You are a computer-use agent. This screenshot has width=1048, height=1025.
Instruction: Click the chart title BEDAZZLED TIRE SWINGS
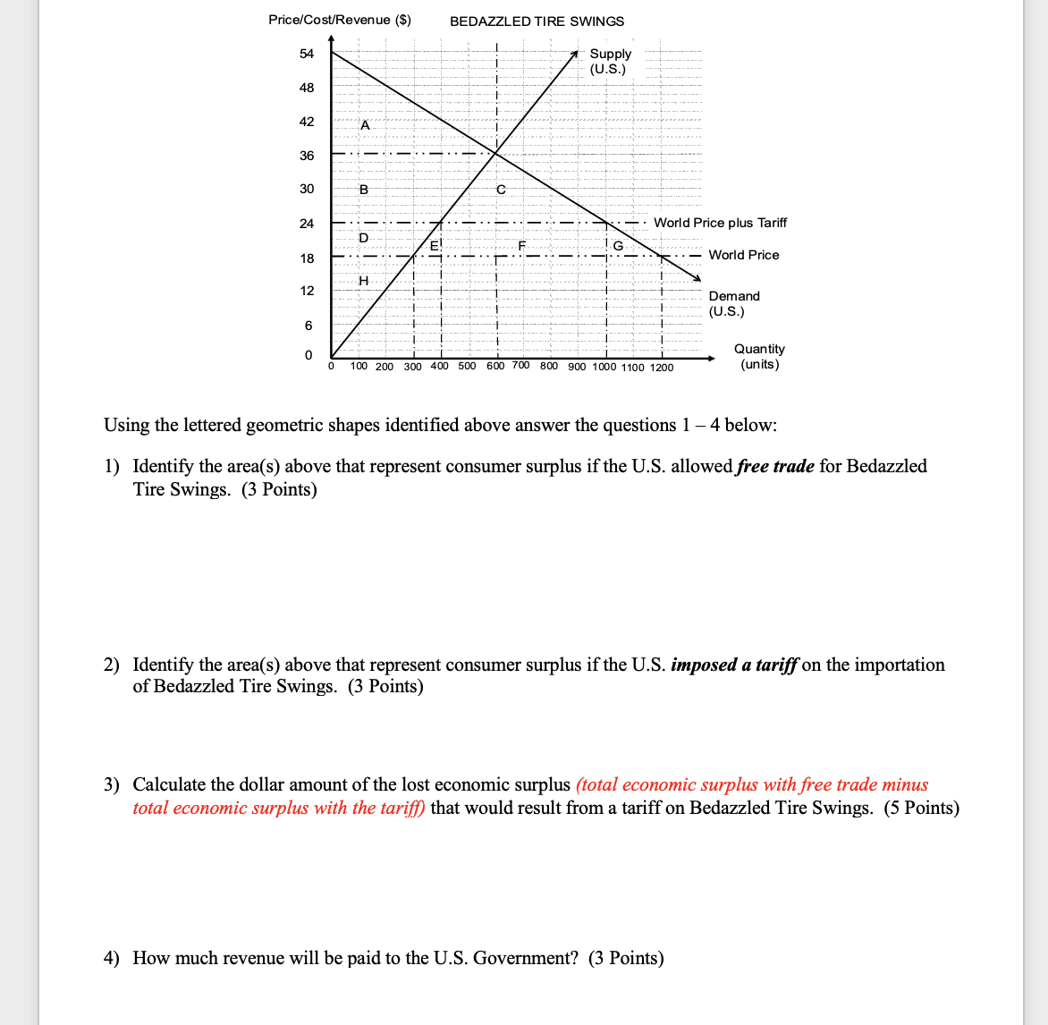click(x=537, y=21)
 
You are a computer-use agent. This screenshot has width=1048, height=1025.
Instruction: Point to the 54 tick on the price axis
click(x=307, y=54)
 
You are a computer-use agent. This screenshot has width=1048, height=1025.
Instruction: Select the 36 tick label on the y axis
click(x=307, y=156)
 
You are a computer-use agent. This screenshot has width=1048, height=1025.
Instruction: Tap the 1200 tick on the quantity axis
click(x=662, y=367)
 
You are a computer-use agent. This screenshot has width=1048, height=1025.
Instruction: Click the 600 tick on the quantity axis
click(x=495, y=365)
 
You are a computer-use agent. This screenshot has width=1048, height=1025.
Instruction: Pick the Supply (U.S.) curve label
click(x=610, y=61)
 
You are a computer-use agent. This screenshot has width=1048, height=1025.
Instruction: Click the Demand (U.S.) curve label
click(x=733, y=303)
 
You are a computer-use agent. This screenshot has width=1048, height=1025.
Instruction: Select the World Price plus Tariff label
click(x=720, y=223)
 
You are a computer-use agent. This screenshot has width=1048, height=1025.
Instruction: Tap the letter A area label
click(x=364, y=125)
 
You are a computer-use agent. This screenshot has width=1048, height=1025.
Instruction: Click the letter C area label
click(x=501, y=190)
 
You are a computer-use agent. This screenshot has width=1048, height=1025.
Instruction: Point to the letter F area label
click(x=521, y=244)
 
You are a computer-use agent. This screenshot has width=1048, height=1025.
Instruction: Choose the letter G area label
click(x=618, y=246)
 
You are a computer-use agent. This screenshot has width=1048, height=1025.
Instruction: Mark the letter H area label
click(x=363, y=281)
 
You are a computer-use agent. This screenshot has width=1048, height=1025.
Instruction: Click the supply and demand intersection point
click(x=496, y=154)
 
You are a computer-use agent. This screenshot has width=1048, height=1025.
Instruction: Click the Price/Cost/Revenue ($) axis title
click(x=340, y=20)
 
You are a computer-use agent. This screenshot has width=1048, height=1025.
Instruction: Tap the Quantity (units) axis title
click(x=759, y=356)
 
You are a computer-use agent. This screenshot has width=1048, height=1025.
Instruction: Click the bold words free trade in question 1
click(x=775, y=466)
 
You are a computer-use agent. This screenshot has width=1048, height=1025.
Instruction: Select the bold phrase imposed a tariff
click(x=734, y=665)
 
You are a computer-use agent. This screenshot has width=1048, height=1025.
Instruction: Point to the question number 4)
click(x=112, y=958)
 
